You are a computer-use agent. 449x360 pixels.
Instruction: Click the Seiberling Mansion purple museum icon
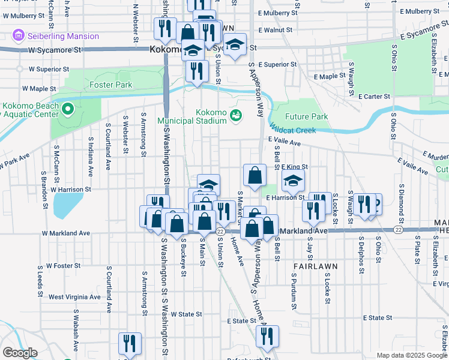[19, 36]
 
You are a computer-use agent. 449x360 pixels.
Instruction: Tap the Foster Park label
[110, 85]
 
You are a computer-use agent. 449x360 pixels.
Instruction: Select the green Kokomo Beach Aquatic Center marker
[67, 110]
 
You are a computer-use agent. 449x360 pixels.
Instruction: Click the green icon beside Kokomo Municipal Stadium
[236, 116]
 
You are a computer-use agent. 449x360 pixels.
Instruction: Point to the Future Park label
[306, 116]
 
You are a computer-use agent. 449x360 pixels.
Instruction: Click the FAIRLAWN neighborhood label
[315, 265]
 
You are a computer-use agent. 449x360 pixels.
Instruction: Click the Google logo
[20, 353]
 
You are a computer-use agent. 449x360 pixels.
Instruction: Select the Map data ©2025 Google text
[411, 355]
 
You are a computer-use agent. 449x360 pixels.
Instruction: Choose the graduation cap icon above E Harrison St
[293, 179]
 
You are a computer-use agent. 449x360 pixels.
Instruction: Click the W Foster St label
[65, 265]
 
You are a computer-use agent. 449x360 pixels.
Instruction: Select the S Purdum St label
[294, 291]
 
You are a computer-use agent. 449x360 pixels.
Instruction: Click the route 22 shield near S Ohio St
[398, 230]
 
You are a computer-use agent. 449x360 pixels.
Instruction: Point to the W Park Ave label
[14, 164]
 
